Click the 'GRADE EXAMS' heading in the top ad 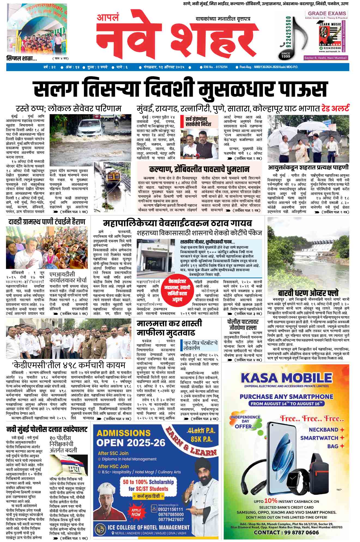tap(327, 13)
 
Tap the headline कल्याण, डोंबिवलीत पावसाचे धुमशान tap(199, 169)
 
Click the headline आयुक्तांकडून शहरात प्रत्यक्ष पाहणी tap(308, 167)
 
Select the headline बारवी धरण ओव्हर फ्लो tap(308, 293)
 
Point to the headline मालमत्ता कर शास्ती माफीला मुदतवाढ tap(169, 328)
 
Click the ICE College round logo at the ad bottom tap(100, 529)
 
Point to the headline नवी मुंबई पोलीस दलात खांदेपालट tap(47, 430)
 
